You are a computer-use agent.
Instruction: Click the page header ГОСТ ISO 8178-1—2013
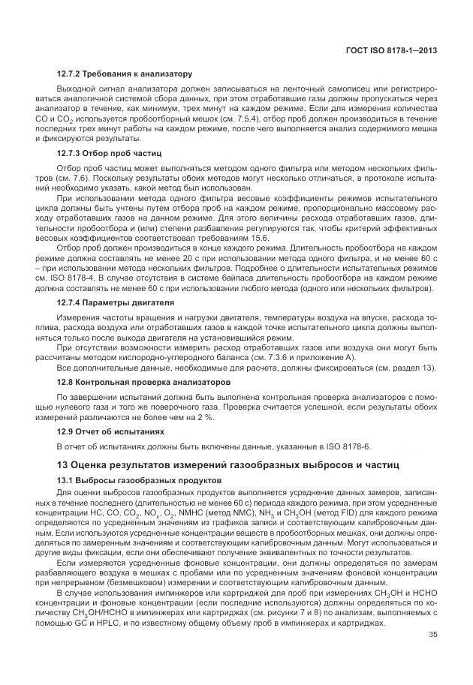391,51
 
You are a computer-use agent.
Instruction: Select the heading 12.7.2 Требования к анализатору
125,74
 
